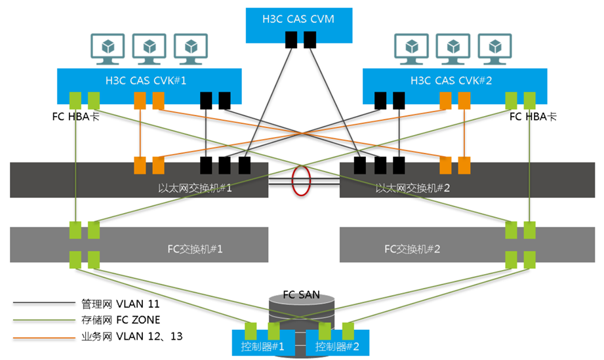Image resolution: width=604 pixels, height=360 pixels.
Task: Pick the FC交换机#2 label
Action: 411,249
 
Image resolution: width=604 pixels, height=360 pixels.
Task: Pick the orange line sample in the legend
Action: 41,337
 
